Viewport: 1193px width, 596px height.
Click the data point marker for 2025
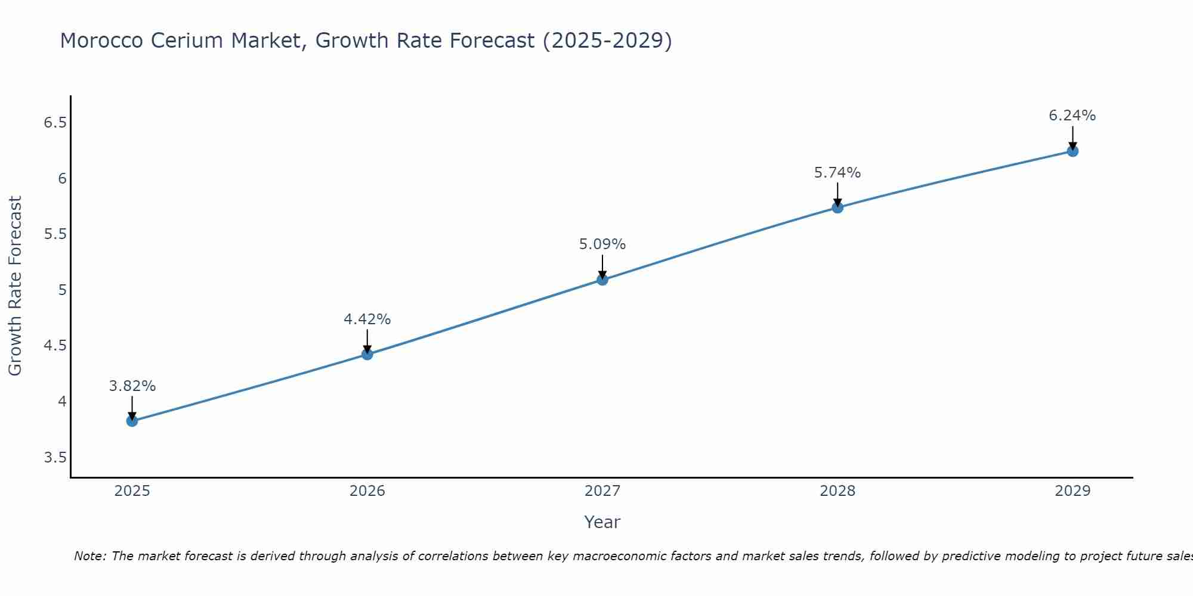click(132, 421)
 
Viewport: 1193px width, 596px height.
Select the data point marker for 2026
click(367, 354)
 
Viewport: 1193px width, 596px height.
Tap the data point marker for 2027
click(602, 280)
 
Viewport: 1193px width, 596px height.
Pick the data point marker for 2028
click(837, 207)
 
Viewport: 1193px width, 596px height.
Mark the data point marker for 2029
click(1073, 151)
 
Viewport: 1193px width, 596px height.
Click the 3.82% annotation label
click(132, 386)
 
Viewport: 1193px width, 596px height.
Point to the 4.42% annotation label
click(367, 319)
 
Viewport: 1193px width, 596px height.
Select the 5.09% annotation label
click(602, 244)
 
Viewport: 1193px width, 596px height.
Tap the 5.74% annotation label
click(837, 173)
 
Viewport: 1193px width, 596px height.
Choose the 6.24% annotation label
click(1073, 116)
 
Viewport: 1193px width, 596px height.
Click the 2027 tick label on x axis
click(602, 491)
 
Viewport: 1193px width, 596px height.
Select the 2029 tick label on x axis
click(1073, 491)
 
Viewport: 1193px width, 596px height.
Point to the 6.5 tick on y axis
click(55, 123)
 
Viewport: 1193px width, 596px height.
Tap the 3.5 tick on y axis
click(55, 458)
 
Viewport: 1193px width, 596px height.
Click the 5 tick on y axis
click(62, 290)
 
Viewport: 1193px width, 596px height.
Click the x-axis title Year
click(602, 522)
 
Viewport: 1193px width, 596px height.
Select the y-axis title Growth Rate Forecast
click(15, 286)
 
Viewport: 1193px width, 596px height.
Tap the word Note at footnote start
click(89, 556)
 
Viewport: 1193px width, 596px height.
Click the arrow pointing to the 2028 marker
click(837, 194)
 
